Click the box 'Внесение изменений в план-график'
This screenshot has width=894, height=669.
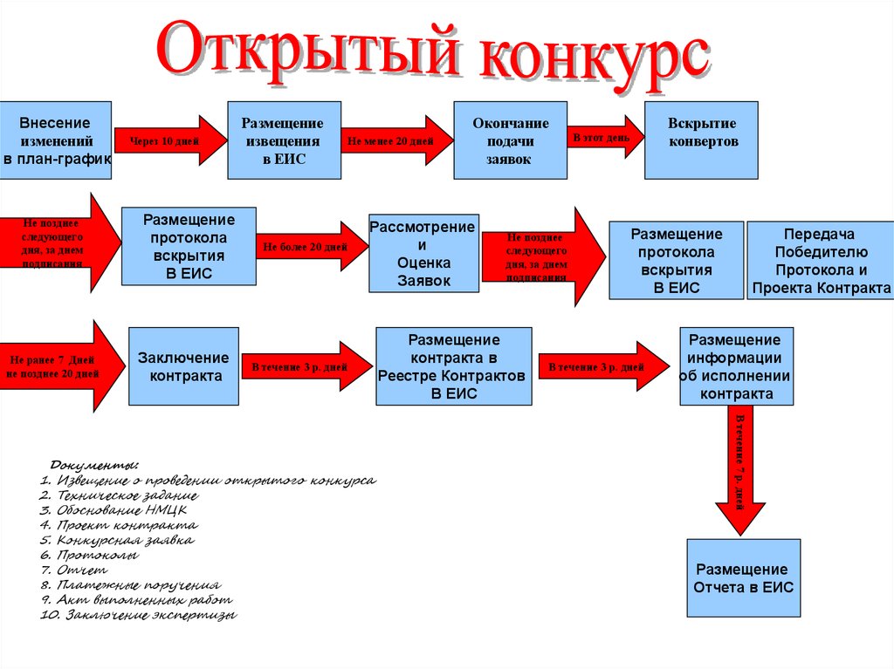56,140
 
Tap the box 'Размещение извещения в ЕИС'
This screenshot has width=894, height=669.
283,140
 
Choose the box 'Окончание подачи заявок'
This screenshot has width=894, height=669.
510,140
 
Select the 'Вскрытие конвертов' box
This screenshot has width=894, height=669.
701,140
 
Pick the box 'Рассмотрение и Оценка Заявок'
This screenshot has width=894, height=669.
423,253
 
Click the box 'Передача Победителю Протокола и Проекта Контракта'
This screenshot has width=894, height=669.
820,260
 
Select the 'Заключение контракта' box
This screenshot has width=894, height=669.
183,366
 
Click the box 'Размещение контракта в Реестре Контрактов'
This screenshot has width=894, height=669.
453,366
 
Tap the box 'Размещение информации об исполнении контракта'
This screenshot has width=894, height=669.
737,366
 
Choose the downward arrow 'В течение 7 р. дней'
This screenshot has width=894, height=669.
739,471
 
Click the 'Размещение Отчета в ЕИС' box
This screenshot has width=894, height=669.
743,578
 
